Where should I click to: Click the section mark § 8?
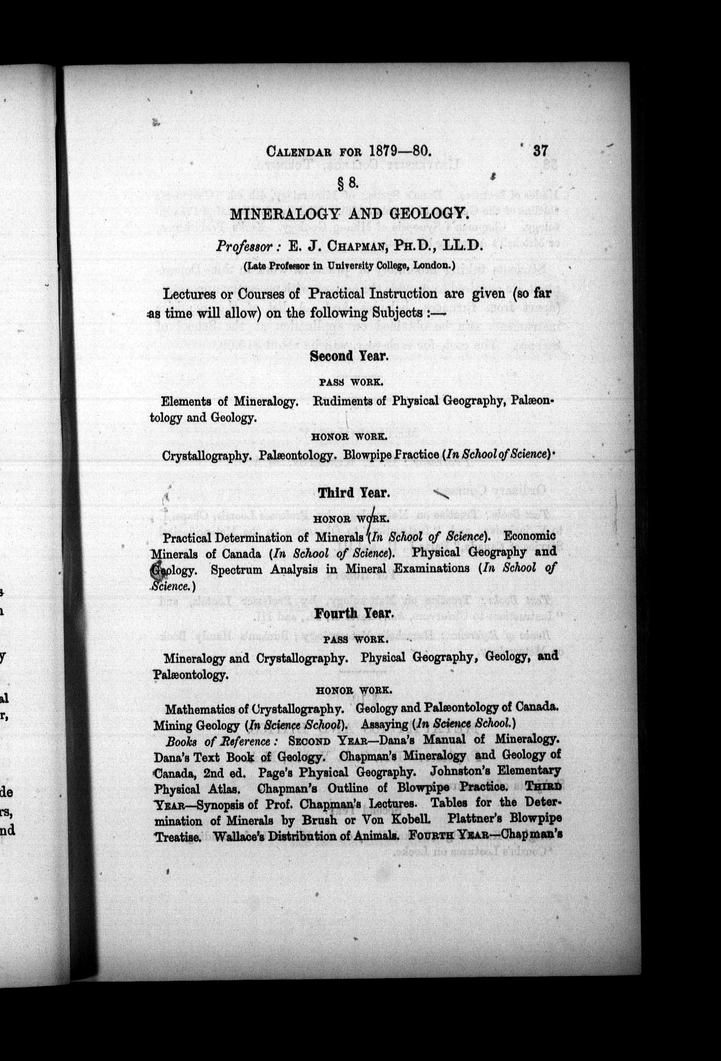pos(349,183)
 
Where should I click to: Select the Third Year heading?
pos(354,493)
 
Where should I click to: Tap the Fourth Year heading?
pos(354,613)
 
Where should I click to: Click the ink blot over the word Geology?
pos(157,569)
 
